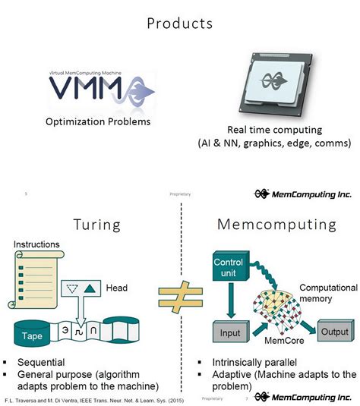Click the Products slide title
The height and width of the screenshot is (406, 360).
tap(179, 24)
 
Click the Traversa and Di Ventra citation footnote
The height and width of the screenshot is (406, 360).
tap(95, 398)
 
